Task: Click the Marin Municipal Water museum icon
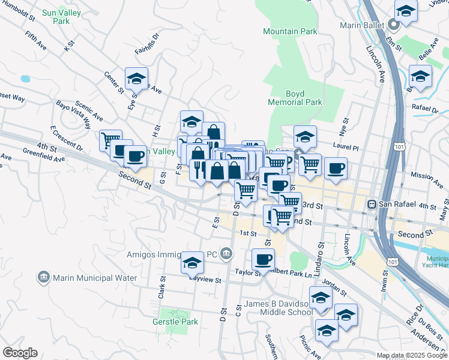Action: point(43,277)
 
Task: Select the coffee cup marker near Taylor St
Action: point(263,259)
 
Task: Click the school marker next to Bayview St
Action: point(192,262)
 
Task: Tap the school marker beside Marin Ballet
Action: point(406,10)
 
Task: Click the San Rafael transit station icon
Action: point(372,205)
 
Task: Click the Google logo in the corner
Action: point(20,353)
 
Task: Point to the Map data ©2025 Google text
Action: point(411,355)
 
